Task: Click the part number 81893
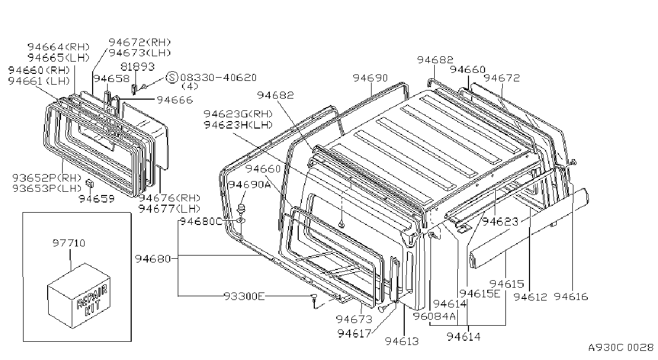138,67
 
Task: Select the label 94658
111,78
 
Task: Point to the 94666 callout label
175,100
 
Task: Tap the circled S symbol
172,77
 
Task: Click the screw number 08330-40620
218,78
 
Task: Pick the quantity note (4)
190,86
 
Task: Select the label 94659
96,199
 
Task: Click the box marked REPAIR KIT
79,295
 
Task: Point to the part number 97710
69,243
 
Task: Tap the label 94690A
249,185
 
